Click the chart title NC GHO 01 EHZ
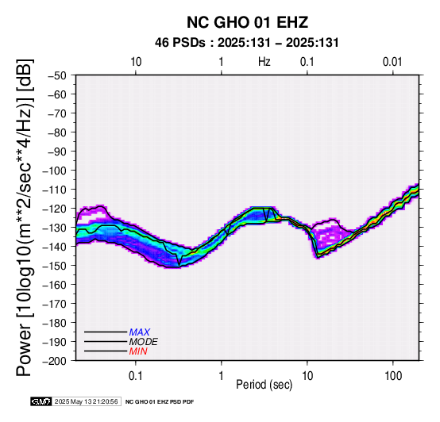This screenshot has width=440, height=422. pyautogui.click(x=247, y=22)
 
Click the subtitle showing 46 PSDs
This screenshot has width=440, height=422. pyautogui.click(x=247, y=43)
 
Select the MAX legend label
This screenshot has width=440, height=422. pyautogui.click(x=140, y=332)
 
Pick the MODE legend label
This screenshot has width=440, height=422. pyautogui.click(x=144, y=342)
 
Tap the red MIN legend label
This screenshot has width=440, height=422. pyautogui.click(x=138, y=351)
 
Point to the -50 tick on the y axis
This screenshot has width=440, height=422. pyautogui.click(x=57, y=75)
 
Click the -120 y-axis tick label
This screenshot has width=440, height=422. pyautogui.click(x=55, y=209)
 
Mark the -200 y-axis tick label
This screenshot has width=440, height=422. pyautogui.click(x=55, y=361)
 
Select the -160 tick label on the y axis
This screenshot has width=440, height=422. pyautogui.click(x=55, y=285)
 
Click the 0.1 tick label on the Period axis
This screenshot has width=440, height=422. pyautogui.click(x=136, y=376)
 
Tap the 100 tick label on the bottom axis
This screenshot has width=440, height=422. pyautogui.click(x=393, y=376)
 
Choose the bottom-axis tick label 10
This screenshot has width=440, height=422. pyautogui.click(x=307, y=376)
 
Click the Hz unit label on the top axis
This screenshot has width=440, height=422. pyautogui.click(x=264, y=62)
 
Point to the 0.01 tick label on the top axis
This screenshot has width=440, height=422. pyautogui.click(x=392, y=62)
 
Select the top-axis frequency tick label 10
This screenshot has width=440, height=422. pyautogui.click(x=136, y=62)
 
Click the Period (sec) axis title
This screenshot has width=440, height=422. pyautogui.click(x=264, y=385)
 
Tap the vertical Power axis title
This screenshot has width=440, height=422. pyautogui.click(x=25, y=217)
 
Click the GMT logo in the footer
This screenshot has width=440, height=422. pyautogui.click(x=41, y=401)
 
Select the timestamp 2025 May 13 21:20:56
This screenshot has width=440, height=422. pyautogui.click(x=86, y=401)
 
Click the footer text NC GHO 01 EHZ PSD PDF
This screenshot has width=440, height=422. pyautogui.click(x=160, y=402)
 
